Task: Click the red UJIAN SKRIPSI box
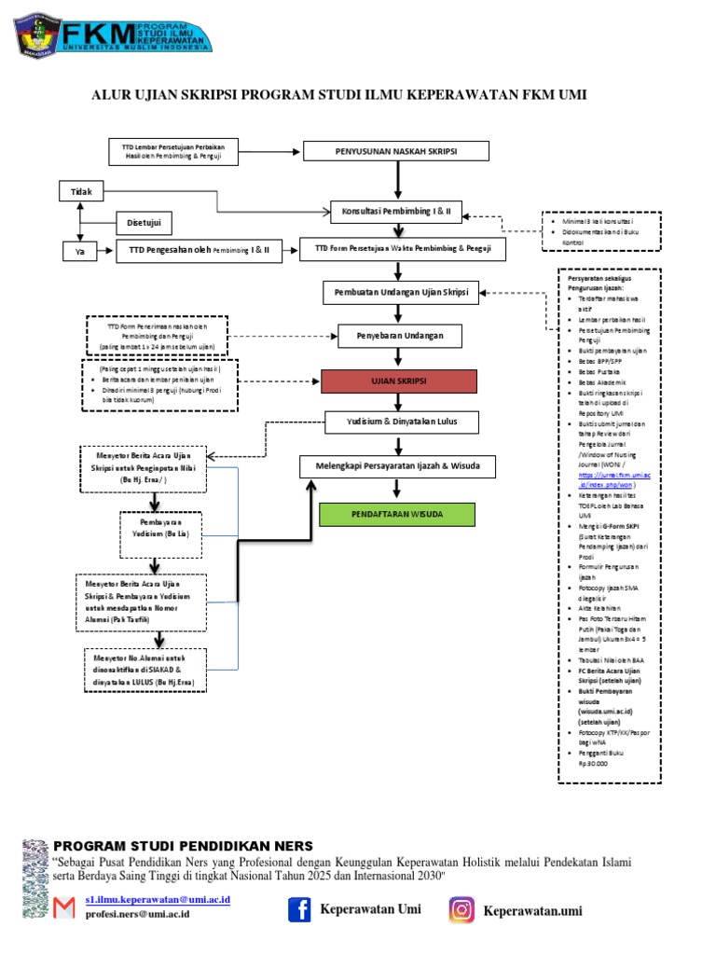[398, 381]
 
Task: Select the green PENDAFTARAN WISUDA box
[397, 514]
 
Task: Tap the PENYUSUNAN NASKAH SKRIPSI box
[396, 151]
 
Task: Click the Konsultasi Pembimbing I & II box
[396, 212]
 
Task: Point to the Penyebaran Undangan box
[396, 334]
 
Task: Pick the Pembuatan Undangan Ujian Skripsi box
[401, 292]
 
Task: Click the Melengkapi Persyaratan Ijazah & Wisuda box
[397, 465]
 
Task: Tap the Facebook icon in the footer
[297, 909]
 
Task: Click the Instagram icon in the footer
[461, 909]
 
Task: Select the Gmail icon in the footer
[64, 907]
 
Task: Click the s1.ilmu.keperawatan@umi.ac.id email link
[157, 899]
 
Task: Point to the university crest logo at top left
[34, 35]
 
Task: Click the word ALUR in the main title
[109, 95]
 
